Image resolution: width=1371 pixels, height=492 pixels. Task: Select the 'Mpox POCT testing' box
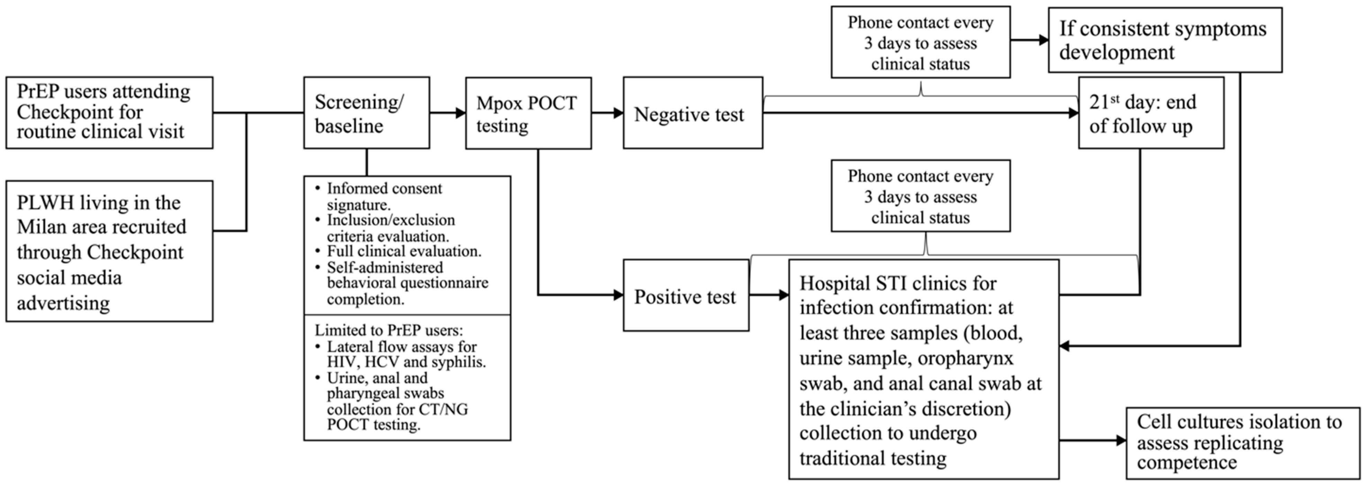coord(528,113)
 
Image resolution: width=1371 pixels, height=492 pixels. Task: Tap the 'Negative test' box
coord(692,113)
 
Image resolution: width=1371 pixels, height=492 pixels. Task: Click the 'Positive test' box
coord(686,296)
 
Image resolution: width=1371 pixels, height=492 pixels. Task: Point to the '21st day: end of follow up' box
coord(1151,113)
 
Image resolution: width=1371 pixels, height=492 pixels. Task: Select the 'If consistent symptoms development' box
coord(1165,40)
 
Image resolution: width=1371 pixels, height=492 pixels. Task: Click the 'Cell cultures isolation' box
coord(1242,443)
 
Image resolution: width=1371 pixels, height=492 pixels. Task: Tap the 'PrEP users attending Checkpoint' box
coord(109,112)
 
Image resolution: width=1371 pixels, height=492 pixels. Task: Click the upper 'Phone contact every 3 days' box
coord(920,43)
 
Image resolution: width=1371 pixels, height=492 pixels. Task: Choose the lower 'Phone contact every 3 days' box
coord(920,196)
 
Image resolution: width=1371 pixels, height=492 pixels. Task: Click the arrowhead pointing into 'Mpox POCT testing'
coord(460,113)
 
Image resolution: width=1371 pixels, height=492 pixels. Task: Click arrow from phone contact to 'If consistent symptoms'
coord(1041,40)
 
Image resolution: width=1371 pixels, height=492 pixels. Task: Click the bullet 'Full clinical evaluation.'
coord(403,251)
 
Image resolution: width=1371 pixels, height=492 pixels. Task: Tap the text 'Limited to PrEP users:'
coord(389,330)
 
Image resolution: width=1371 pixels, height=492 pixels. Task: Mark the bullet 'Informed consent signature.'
coord(384,196)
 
